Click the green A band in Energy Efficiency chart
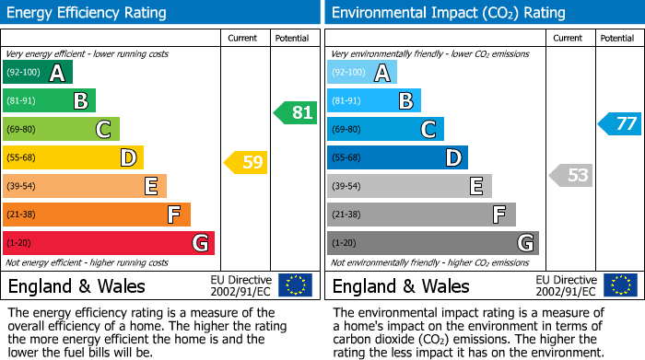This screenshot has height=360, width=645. [x=38, y=73]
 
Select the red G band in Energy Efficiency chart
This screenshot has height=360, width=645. [x=109, y=243]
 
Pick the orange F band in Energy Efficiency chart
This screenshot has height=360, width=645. [x=97, y=215]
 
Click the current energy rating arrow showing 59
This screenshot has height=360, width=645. [x=246, y=163]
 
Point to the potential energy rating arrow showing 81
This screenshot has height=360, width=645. [x=296, y=113]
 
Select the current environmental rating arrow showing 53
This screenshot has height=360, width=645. [x=571, y=175]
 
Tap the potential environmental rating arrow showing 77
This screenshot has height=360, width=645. [x=620, y=123]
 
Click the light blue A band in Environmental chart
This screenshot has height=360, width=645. [x=362, y=73]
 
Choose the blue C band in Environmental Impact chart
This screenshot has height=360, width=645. [x=385, y=130]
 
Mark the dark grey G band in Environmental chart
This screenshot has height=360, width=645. [x=433, y=243]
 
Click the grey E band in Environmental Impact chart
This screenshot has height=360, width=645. [x=409, y=186]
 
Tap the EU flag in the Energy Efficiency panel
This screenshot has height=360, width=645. [x=295, y=285]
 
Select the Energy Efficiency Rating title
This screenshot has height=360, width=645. [x=87, y=13]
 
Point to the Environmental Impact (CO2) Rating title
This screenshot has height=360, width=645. [x=448, y=13]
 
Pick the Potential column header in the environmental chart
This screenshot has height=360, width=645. [x=617, y=38]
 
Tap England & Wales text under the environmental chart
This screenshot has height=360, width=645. [x=401, y=285]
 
